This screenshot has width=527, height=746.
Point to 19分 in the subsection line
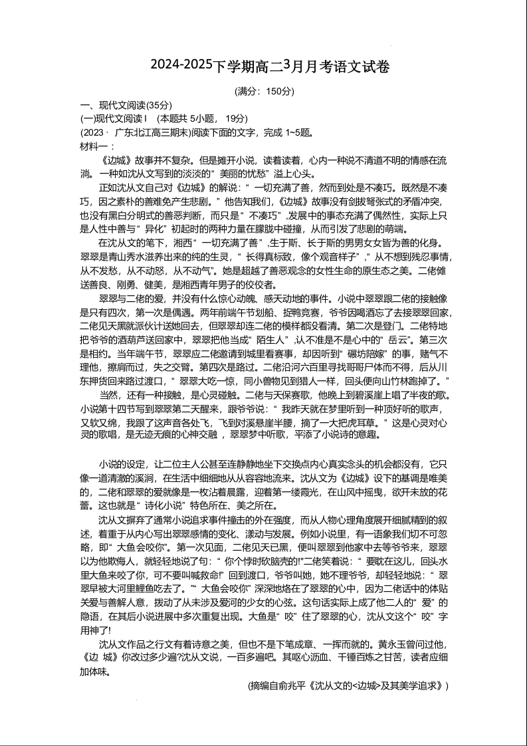tap(236, 118)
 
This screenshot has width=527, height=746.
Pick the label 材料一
tap(95, 145)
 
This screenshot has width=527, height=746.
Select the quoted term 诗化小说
tap(152, 505)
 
